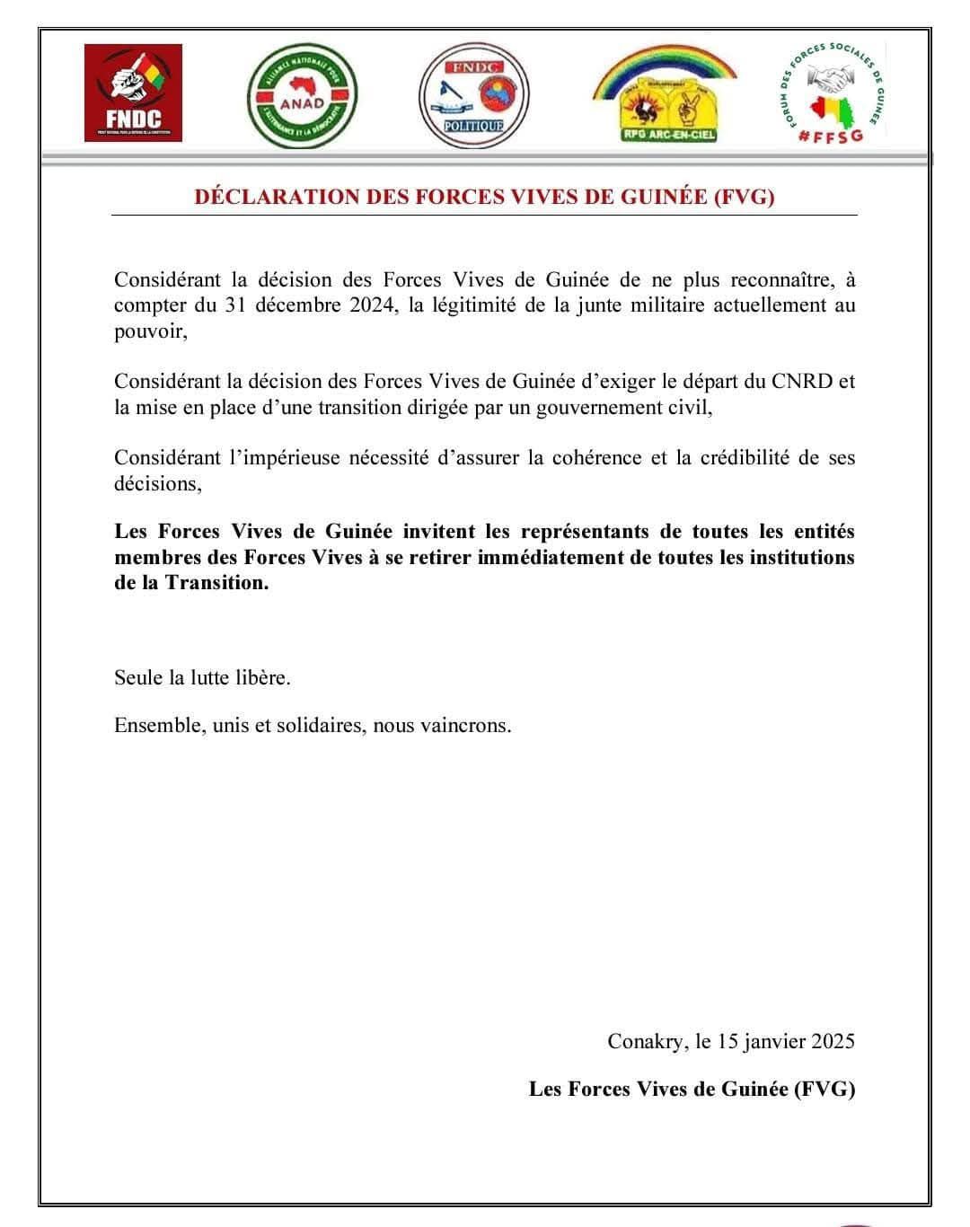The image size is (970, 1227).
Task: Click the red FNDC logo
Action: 133,93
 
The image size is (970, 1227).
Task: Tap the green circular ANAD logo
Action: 302,94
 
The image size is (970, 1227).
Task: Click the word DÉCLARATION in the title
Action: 277,198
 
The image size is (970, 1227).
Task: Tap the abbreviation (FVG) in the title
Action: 744,198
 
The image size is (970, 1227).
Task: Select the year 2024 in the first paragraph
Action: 371,305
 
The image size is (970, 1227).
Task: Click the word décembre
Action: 296,305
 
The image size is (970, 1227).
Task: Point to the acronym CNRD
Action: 802,381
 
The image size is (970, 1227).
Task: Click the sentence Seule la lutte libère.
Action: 202,677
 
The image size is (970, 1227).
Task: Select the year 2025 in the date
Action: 833,1041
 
